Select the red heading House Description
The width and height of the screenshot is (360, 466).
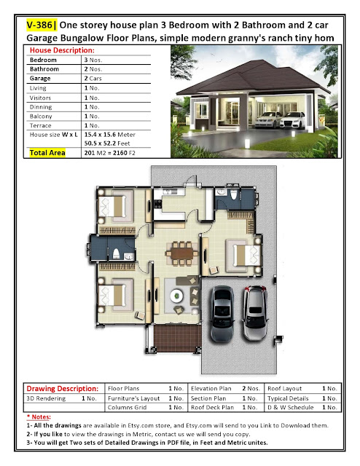[x=62, y=50]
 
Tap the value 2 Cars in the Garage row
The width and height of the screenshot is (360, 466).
[x=93, y=79]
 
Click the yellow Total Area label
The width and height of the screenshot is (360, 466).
[x=47, y=153]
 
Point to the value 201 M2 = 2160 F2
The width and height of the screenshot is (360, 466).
[x=109, y=153]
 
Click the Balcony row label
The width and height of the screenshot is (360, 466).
[x=41, y=116]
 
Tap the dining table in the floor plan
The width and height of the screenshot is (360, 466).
[x=181, y=253]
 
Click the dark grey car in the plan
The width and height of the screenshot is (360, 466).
[x=222, y=314]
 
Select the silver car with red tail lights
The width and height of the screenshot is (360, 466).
[x=255, y=312]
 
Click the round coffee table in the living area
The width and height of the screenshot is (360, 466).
[x=177, y=296]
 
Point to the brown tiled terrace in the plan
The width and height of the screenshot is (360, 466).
[x=178, y=338]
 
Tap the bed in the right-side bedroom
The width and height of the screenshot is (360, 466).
[x=243, y=256]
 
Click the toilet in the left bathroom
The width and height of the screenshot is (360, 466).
[x=116, y=254]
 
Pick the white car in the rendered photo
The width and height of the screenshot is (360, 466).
[x=292, y=119]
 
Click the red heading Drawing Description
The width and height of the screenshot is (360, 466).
[x=62, y=388]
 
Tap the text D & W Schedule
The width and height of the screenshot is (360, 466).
[x=290, y=408]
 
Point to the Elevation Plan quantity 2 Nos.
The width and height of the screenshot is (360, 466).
[x=251, y=388]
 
